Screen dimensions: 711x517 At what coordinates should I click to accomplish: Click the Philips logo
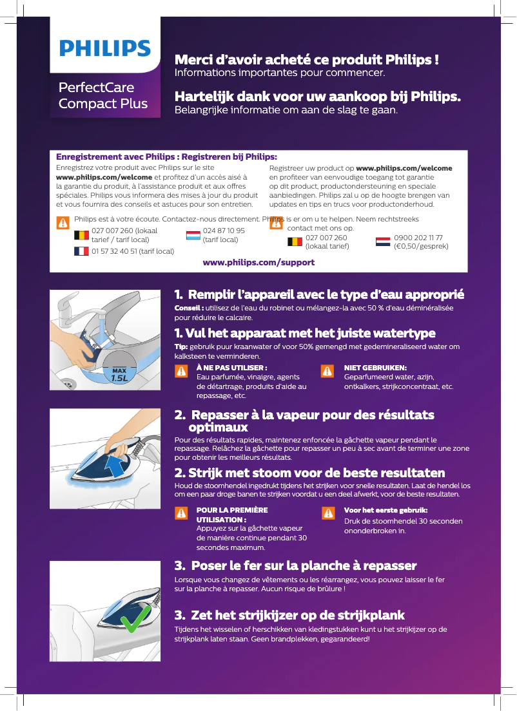tap(105, 49)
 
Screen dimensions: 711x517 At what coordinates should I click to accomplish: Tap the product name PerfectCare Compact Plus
tap(103, 95)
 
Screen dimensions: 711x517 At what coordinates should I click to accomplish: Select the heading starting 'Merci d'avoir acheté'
tap(307, 60)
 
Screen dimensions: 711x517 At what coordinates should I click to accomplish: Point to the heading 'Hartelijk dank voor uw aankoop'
tap(318, 97)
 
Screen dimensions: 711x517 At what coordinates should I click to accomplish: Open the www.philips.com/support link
tap(258, 262)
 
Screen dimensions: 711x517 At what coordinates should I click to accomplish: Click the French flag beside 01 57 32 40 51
tap(81, 251)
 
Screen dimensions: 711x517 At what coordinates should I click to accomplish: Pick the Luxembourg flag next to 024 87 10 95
tap(193, 235)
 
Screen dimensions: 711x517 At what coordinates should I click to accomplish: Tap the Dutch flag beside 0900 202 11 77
tap(383, 242)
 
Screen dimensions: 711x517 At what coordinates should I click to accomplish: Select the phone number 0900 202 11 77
tap(418, 238)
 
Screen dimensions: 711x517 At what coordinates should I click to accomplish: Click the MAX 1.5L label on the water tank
tap(118, 375)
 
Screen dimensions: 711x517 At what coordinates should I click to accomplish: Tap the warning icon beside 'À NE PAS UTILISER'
tap(183, 372)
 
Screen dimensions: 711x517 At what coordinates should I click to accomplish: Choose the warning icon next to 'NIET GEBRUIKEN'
tap(327, 372)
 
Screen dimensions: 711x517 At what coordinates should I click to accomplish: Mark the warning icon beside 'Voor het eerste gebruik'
tap(327, 513)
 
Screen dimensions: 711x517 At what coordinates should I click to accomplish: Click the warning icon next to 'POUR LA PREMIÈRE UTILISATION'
tap(183, 513)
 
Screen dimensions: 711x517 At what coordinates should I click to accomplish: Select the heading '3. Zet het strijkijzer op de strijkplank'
tap(290, 615)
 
